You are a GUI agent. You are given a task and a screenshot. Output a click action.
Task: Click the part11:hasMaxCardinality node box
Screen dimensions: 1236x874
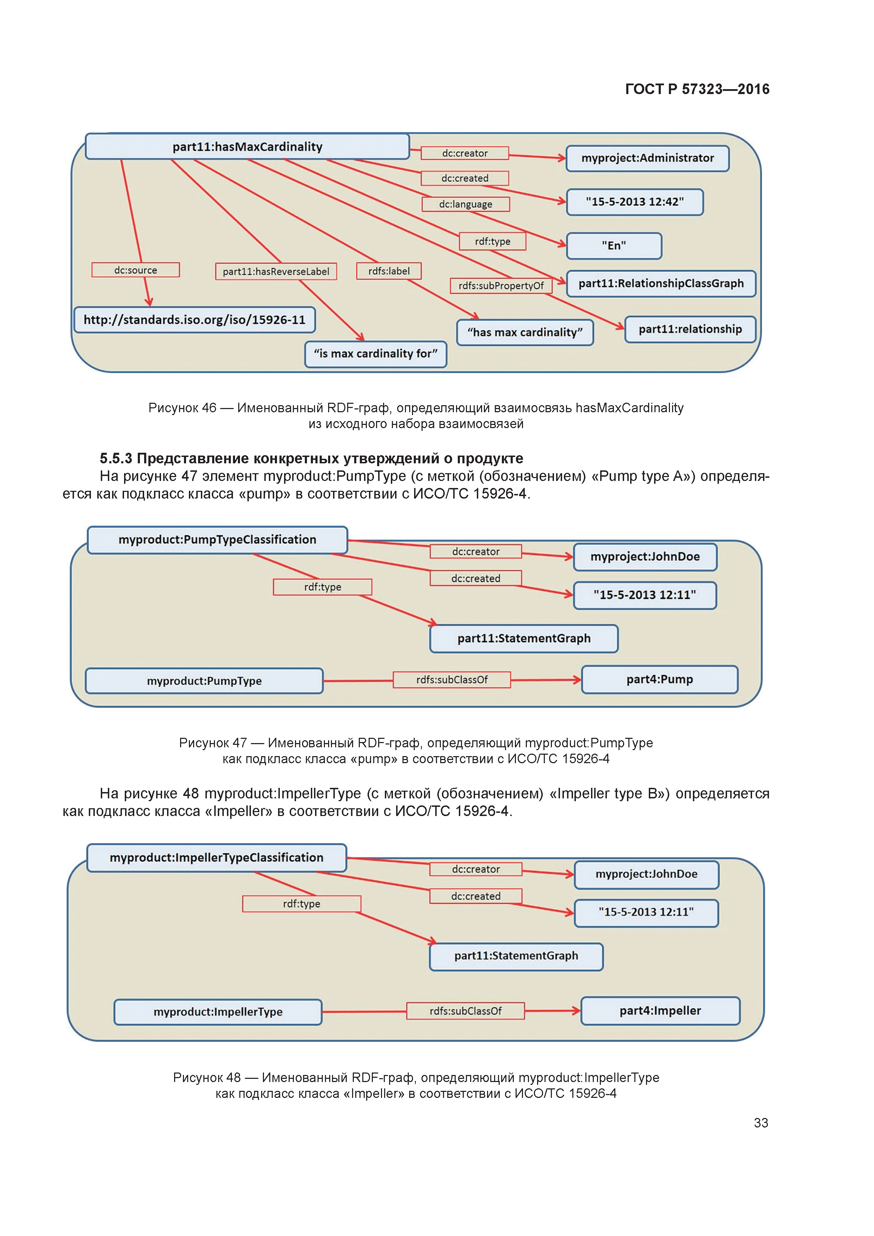click(247, 147)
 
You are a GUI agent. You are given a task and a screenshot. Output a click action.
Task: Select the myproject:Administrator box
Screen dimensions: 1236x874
click(647, 158)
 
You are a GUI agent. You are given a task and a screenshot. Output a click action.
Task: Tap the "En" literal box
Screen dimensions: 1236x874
click(614, 246)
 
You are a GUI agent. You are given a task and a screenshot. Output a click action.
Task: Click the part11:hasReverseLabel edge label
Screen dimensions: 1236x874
click(276, 271)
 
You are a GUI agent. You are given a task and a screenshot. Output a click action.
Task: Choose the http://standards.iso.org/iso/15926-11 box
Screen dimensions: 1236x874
click(195, 320)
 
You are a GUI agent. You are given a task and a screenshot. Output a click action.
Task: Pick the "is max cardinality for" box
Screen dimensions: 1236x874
click(375, 354)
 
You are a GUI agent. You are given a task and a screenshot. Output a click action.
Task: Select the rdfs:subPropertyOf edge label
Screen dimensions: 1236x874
click(501, 286)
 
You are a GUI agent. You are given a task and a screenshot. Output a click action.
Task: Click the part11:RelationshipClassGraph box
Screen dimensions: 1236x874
click(661, 284)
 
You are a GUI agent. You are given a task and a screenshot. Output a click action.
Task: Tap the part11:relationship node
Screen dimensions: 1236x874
click(690, 329)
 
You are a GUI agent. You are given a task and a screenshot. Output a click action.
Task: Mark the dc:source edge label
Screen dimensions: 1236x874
click(135, 270)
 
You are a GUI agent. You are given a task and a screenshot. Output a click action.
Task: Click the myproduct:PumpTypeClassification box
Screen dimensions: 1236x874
click(217, 540)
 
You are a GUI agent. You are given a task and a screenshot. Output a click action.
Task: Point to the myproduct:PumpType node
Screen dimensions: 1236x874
click(204, 681)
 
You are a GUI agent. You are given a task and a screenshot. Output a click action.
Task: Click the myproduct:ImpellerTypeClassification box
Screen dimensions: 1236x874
click(216, 858)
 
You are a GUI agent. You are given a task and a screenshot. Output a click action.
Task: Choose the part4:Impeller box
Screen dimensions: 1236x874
click(660, 1011)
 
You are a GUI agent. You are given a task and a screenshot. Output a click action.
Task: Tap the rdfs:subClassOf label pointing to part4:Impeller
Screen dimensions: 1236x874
click(465, 1011)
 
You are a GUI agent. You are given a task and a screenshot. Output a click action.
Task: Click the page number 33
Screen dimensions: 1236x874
click(761, 1123)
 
